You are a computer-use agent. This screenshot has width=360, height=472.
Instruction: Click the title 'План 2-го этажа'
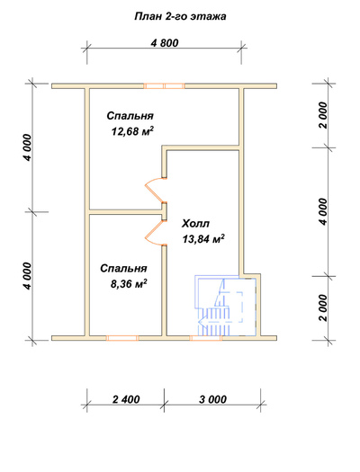[180, 16]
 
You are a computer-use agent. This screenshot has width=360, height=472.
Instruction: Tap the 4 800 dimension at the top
[165, 43]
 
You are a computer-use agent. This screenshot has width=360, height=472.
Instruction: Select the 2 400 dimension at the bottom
[126, 399]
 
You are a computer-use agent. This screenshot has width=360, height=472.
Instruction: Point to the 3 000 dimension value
[212, 399]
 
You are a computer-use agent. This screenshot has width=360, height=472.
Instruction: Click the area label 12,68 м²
[132, 131]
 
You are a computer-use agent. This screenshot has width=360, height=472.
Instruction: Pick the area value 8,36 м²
[129, 283]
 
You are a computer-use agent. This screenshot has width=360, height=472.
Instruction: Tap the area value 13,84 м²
[203, 239]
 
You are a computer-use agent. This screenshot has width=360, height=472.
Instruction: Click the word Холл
[195, 224]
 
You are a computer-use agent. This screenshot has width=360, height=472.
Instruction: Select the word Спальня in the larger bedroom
[130, 116]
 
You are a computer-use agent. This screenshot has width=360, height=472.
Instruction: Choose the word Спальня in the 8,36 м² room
[123, 268]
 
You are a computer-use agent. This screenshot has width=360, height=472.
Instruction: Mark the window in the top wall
[164, 86]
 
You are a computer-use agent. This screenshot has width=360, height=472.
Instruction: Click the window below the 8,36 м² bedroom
[122, 338]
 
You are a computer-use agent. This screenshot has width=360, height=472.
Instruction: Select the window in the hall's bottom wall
[206, 338]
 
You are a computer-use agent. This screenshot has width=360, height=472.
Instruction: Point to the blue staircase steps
[214, 322]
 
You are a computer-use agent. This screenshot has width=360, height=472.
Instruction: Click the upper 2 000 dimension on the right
[322, 115]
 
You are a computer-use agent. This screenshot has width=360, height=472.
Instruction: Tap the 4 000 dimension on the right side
[322, 211]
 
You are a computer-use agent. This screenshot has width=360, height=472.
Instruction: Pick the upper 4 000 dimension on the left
[27, 147]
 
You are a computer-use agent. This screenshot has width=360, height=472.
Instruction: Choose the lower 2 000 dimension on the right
[322, 308]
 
